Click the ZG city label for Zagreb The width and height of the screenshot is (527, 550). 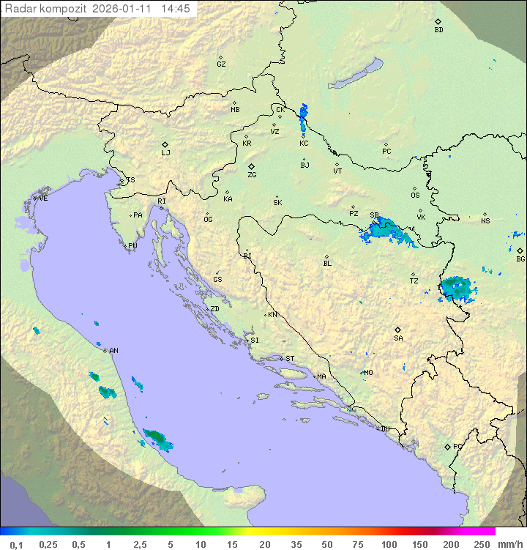pos(252,175)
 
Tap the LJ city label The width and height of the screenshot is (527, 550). pos(165,153)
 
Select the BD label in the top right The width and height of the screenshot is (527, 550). pos(438,30)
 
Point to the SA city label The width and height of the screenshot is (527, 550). pos(398,338)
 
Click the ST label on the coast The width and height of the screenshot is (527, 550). pos(290,359)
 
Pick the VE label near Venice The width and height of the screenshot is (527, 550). pos(43,198)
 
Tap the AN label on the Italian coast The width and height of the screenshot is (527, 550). pos(113,351)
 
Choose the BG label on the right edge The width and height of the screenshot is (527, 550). pos(520,259)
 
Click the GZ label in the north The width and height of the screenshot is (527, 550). pos(221,64)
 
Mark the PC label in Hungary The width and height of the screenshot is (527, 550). pos(386,152)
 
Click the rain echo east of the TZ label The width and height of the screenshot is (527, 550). pos(457,289)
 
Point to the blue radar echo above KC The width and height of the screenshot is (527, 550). pos(304,117)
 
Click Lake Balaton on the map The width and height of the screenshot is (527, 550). pos(354,74)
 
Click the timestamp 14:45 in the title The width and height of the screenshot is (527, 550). pos(176,9)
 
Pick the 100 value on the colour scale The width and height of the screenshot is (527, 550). pos(389,544)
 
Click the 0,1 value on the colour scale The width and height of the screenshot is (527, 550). pos(16,544)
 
